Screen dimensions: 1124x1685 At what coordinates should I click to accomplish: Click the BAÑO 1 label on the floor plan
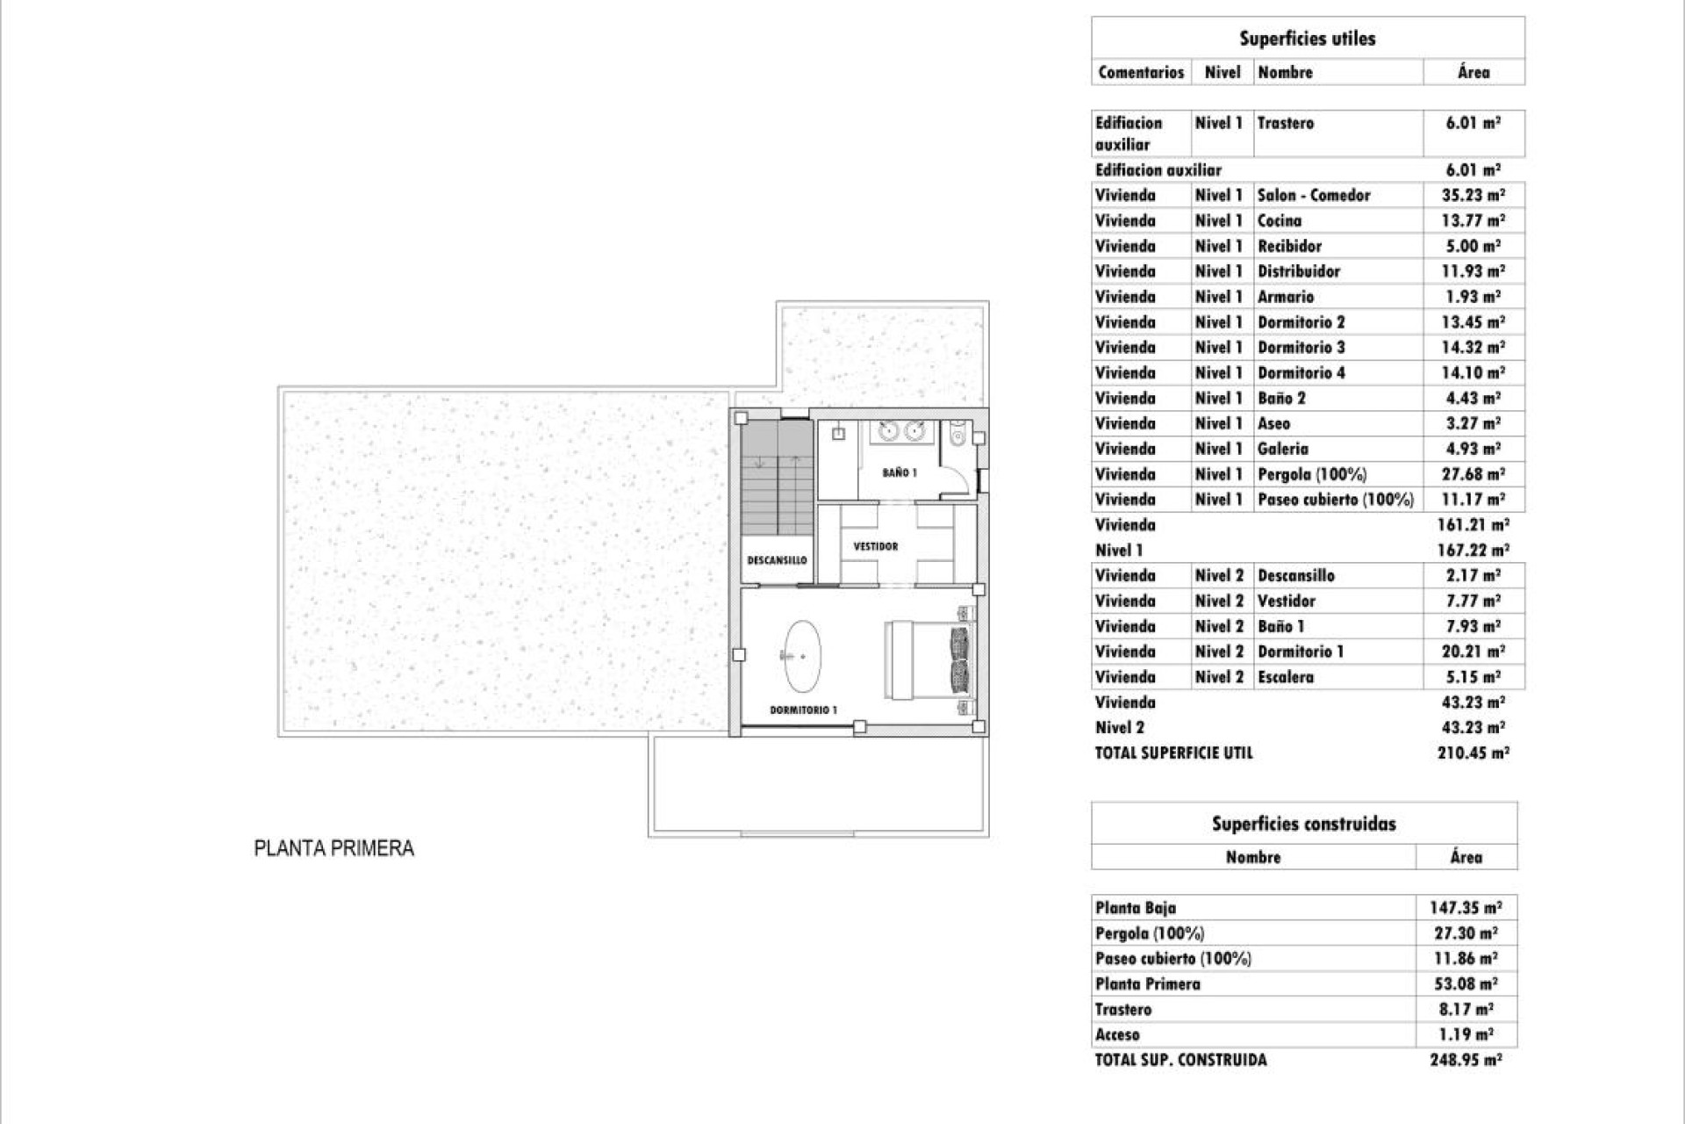[x=900, y=472]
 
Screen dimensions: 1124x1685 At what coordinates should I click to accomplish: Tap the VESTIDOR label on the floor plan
[x=875, y=546]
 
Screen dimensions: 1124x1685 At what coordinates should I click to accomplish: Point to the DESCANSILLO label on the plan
[x=777, y=560]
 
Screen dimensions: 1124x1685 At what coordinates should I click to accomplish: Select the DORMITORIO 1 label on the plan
[x=803, y=710]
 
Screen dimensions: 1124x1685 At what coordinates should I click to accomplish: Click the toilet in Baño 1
[x=957, y=432]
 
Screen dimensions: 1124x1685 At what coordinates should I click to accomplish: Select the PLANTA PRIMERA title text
[x=333, y=848]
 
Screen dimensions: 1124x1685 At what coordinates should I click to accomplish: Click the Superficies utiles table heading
[x=1307, y=39]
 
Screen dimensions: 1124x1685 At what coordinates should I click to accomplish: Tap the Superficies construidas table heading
[x=1303, y=824]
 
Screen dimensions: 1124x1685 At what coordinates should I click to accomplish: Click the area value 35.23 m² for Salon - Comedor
[x=1473, y=195]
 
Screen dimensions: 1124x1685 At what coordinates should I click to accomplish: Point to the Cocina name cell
[x=1280, y=220]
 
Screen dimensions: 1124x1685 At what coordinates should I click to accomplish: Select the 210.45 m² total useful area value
[x=1473, y=753]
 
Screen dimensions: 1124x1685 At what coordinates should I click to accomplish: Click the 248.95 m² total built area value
[x=1466, y=1060]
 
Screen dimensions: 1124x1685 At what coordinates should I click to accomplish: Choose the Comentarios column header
[x=1141, y=72]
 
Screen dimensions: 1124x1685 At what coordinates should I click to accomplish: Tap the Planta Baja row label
[x=1136, y=908]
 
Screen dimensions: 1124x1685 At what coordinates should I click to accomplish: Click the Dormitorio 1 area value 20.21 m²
[x=1473, y=652]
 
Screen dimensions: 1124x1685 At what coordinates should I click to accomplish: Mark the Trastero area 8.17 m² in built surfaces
[x=1466, y=1009]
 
